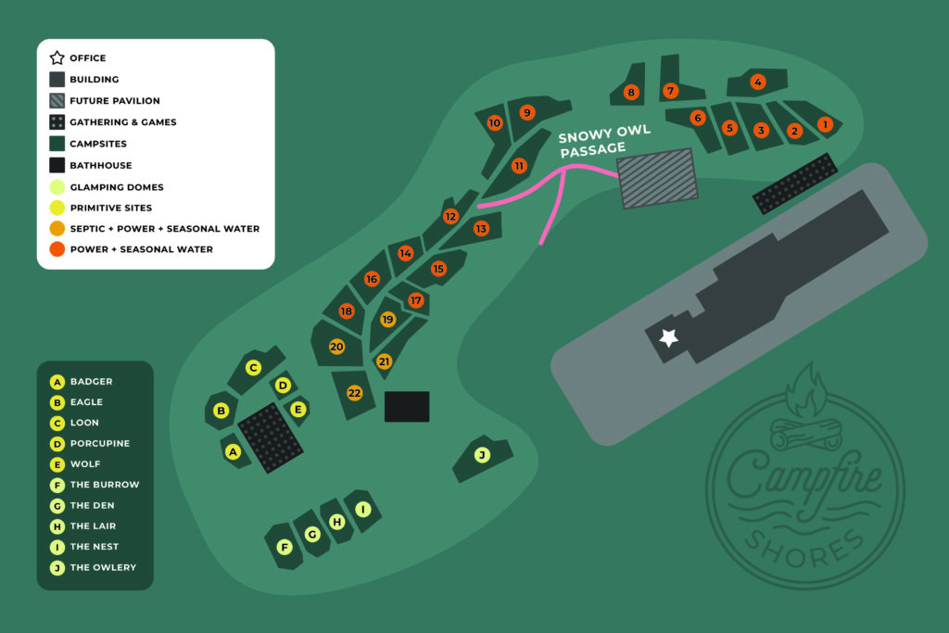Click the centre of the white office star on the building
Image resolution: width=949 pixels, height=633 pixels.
click(668, 337)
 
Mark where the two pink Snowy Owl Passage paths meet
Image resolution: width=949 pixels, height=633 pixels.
click(564, 170)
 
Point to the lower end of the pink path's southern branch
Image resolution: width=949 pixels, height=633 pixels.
click(541, 243)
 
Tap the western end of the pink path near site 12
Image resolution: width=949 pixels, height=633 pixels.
click(479, 207)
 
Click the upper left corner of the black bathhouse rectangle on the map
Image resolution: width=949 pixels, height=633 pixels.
click(385, 392)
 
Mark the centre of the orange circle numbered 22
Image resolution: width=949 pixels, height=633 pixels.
click(354, 393)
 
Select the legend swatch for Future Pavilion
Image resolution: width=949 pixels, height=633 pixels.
click(57, 100)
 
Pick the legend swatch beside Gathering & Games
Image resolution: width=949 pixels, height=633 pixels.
click(57, 121)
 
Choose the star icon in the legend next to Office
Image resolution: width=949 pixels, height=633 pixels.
click(57, 57)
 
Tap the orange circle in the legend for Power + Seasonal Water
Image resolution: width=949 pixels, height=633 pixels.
click(57, 249)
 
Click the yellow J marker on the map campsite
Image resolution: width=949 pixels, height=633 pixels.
click(482, 455)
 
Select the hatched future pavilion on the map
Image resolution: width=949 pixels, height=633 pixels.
click(657, 179)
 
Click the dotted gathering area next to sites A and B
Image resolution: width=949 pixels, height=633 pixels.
click(271, 437)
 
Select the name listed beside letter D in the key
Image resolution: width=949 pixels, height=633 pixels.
click(100, 444)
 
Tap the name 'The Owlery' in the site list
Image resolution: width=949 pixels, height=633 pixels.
click(103, 567)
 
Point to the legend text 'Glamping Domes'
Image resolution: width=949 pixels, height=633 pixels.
click(117, 187)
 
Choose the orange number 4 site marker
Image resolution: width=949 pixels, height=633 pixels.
click(758, 82)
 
